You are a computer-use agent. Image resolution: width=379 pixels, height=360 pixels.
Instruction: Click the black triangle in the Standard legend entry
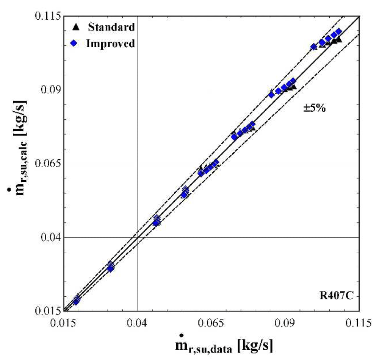(76, 27)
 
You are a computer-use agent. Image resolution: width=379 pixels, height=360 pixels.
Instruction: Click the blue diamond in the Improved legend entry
(74, 44)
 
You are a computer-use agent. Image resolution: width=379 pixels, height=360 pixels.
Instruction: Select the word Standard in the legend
(111, 27)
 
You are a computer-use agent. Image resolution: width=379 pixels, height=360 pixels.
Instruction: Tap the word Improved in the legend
(110, 44)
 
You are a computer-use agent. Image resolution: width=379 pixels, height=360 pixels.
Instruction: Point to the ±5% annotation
(315, 108)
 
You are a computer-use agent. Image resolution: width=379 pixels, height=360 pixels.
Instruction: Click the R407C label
(337, 295)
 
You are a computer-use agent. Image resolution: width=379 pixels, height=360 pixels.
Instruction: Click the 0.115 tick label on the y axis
(47, 16)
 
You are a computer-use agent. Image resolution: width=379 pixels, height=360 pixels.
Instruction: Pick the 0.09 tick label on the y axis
(50, 90)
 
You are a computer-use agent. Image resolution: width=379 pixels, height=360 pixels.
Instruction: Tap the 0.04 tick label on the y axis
(50, 237)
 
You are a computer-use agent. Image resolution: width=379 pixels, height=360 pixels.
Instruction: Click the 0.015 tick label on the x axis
(63, 323)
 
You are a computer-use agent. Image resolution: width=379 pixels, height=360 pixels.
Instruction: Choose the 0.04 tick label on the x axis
(137, 323)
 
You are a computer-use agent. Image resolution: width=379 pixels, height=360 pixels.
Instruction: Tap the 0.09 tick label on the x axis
(285, 323)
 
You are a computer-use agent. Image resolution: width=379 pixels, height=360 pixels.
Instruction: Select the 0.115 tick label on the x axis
(358, 323)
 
